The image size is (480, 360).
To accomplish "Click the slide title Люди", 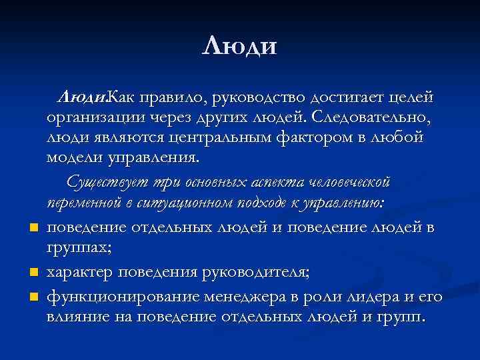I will [239, 46].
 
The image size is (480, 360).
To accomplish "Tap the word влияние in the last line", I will [78, 316].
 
